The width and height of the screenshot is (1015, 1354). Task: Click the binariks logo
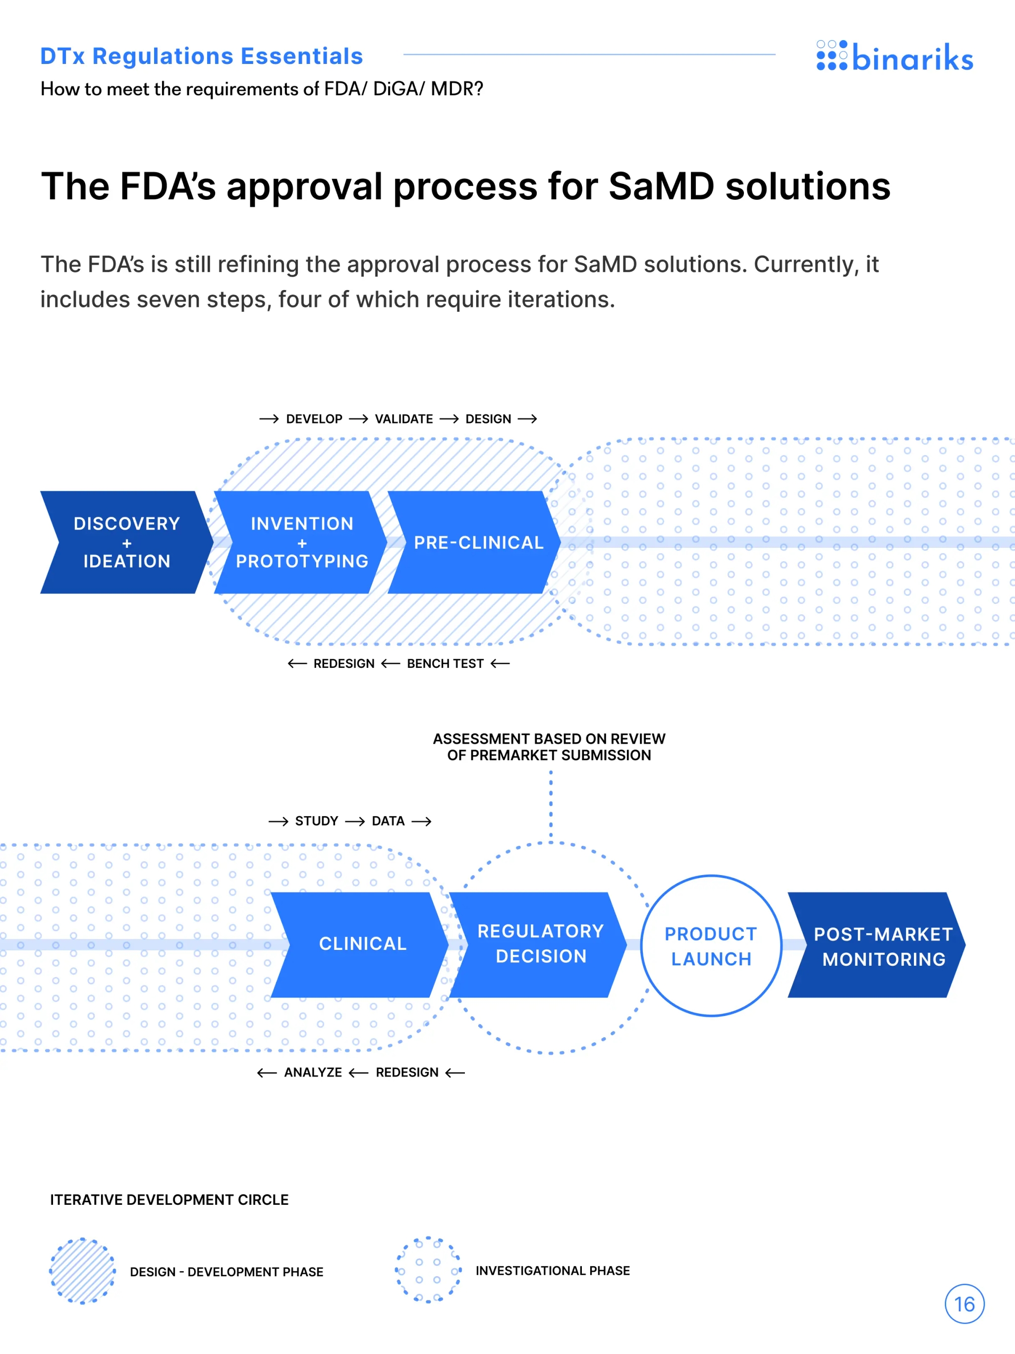pos(894,57)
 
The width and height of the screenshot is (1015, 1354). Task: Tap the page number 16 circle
pos(964,1304)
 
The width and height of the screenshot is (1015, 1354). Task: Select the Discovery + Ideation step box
pos(127,542)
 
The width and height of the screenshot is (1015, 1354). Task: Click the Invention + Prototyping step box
pos(302,542)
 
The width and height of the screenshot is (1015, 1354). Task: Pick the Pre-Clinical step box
pos(477,542)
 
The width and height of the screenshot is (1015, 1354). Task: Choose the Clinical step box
pos(362,944)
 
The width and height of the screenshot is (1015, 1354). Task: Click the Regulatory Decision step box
pos(540,944)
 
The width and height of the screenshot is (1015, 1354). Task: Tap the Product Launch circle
pos(711,946)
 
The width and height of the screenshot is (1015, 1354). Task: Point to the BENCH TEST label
pos(445,663)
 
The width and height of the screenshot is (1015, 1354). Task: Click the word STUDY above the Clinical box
pos(316,821)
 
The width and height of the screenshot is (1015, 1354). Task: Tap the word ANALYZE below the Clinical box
pos(313,1072)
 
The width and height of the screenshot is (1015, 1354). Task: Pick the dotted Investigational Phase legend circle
pos(428,1270)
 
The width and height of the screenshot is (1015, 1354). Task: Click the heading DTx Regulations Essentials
pos(201,57)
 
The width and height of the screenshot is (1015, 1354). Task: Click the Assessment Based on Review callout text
pos(549,747)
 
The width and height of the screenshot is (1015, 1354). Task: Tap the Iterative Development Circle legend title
pos(169,1200)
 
